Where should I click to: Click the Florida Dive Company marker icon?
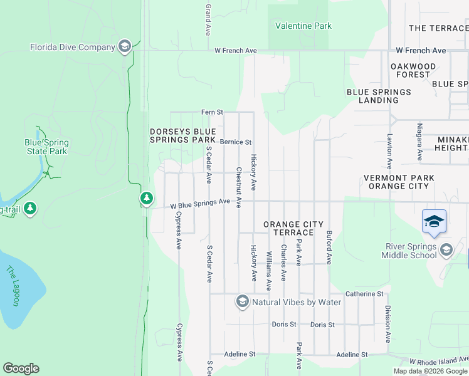point(124,46)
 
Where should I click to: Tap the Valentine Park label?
point(303,26)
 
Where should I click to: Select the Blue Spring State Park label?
point(46,147)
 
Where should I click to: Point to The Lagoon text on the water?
point(13,286)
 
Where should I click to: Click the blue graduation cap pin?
point(434,222)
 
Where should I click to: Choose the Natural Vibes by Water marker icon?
point(242,302)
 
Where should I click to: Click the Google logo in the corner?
point(21,368)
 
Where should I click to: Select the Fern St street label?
point(212,112)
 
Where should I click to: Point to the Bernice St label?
point(235,142)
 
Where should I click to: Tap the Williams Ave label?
point(269,271)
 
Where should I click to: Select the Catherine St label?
point(364,293)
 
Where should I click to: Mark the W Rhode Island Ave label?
point(438,360)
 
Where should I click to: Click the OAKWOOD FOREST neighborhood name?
point(413,70)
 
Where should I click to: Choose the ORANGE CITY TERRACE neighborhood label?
point(293,228)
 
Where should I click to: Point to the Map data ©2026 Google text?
point(430,371)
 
